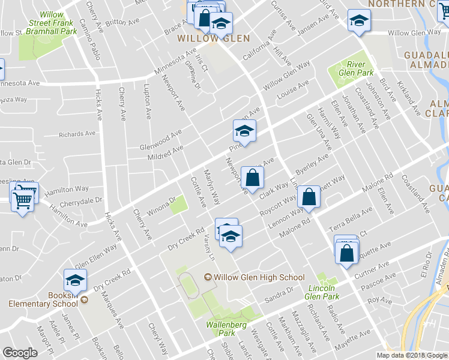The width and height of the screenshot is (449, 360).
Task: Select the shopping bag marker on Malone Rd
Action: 309,198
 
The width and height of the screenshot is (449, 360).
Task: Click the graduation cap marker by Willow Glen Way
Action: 360,21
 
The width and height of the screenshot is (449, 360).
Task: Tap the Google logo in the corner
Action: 20,353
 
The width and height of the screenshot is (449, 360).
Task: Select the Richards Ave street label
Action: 77,134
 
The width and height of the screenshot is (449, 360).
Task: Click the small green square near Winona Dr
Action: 177,207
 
